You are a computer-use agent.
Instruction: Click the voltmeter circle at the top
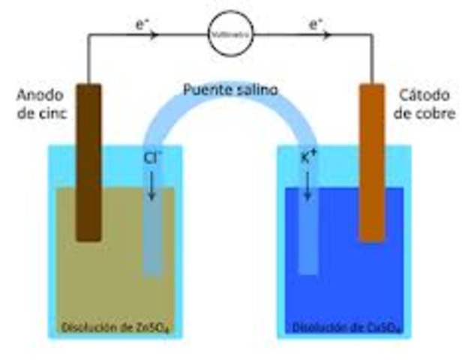coord(230,34)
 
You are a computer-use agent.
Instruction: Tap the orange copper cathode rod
coord(371,161)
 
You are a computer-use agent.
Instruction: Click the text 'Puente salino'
coord(230,90)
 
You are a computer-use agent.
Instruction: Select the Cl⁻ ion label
coord(151,158)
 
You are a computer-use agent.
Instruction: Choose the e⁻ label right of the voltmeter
coord(316,24)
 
